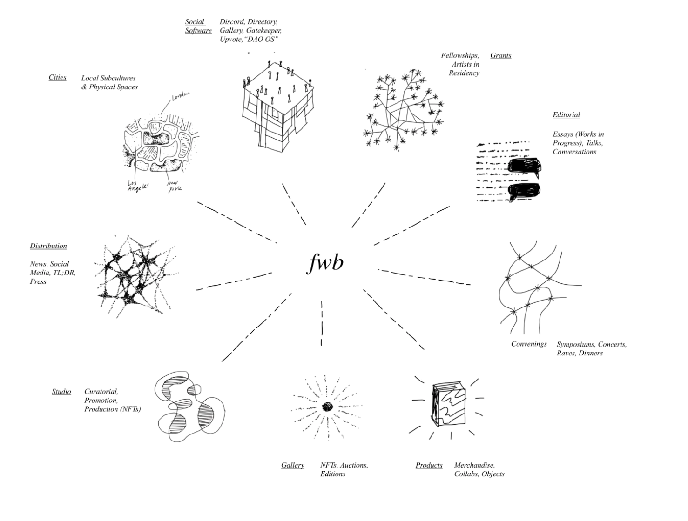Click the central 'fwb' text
[325, 263]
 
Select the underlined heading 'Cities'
[57, 77]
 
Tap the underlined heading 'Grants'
[500, 55]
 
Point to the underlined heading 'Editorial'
[566, 114]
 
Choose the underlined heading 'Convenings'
[528, 344]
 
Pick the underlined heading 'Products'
[429, 465]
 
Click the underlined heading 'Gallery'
[292, 465]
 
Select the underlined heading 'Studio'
[61, 392]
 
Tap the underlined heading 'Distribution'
[48, 246]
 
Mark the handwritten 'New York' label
[175, 186]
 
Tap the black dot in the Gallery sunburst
[327, 406]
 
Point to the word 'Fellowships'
[460, 55]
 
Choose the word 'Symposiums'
[575, 345]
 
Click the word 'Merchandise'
[474, 465]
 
